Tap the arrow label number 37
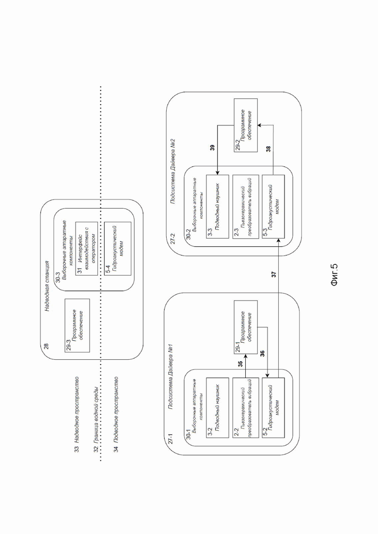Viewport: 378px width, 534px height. click(x=274, y=274)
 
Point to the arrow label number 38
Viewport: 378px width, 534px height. click(x=268, y=149)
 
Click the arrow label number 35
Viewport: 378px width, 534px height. click(x=240, y=365)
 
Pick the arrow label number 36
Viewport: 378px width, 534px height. click(x=263, y=353)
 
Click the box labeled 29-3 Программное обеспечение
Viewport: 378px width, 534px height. click(x=78, y=325)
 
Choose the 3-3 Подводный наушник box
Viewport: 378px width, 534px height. click(x=218, y=207)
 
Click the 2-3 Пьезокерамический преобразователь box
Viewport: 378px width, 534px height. click(x=245, y=207)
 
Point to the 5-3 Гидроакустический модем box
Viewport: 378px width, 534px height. click(x=273, y=207)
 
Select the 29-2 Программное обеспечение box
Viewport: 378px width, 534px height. click(x=245, y=125)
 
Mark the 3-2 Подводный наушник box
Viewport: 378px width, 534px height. click(x=218, y=409)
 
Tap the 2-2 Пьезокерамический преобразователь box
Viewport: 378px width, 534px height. click(x=245, y=409)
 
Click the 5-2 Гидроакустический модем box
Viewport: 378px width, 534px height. click(x=273, y=409)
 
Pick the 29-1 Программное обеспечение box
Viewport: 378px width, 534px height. click(x=245, y=327)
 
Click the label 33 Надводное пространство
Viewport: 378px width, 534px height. click(x=77, y=414)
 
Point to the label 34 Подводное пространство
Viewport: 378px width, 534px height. click(x=116, y=414)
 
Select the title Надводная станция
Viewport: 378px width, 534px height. click(x=47, y=286)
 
